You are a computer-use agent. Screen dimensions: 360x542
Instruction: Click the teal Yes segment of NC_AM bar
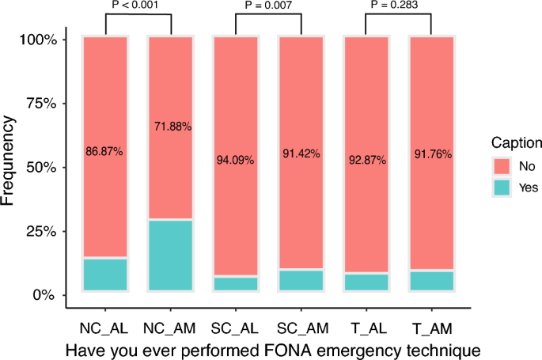coord(171,256)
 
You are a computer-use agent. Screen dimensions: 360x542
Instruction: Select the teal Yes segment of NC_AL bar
coord(105,275)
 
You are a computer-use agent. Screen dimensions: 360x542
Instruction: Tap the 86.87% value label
coord(104,151)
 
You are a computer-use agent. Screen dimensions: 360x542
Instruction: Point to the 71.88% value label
coord(171,126)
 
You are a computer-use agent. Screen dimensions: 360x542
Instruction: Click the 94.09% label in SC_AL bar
coord(236,160)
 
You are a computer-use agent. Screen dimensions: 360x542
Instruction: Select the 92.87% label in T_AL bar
coord(366,160)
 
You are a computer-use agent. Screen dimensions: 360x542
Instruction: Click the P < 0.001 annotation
coord(138,5)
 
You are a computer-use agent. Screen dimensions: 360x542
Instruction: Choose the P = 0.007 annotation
coord(268,5)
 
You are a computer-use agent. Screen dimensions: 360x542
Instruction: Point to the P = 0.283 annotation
coord(398,5)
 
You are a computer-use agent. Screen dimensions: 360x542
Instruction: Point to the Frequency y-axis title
coord(9,161)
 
